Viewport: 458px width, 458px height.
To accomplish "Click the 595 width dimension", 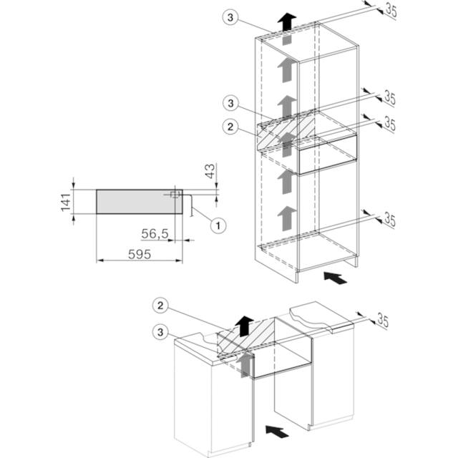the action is [140, 254].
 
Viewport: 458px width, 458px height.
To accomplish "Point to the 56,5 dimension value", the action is [155, 233].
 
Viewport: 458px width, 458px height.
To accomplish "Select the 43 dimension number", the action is [210, 171].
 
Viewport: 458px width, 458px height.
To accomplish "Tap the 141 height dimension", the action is [66, 202].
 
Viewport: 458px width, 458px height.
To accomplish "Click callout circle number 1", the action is [218, 225].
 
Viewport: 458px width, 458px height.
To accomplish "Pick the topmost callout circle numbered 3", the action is [230, 17].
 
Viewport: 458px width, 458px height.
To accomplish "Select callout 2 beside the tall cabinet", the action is [230, 127].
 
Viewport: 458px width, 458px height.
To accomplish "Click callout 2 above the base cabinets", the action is [160, 306].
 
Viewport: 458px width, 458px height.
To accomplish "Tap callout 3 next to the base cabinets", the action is [160, 332].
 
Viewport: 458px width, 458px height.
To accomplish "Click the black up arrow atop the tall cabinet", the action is [287, 21].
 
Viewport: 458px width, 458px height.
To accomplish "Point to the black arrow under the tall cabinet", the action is [336, 278].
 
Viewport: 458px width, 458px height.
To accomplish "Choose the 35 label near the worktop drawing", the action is [383, 321].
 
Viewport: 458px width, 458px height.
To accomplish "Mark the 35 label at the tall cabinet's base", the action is [389, 219].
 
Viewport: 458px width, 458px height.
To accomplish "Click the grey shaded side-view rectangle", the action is [140, 202].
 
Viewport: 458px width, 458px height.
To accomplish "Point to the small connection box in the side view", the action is [175, 195].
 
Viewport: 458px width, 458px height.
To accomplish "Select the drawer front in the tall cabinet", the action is [328, 155].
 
